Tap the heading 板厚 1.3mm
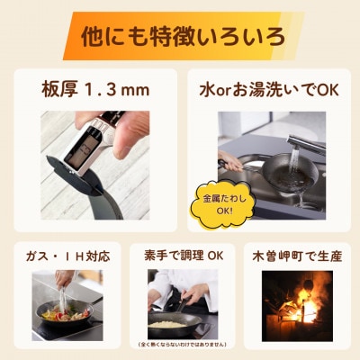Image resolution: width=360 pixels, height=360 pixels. (94, 90)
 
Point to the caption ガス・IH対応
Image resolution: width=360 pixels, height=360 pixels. (68, 256)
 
